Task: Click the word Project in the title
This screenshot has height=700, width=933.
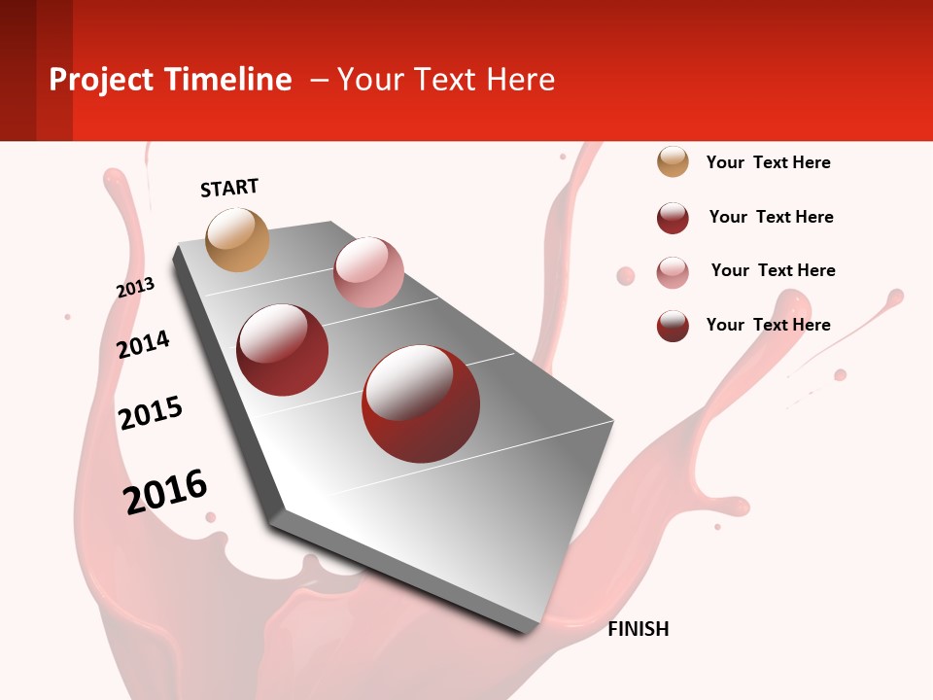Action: [x=102, y=80]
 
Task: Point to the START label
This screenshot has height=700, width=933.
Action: [x=229, y=188]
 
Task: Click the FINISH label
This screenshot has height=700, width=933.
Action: [x=639, y=629]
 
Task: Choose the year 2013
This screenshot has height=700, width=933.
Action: [x=135, y=288]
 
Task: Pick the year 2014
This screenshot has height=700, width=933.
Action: [x=143, y=344]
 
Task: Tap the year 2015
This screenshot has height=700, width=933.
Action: [x=151, y=413]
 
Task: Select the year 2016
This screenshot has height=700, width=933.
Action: [x=165, y=491]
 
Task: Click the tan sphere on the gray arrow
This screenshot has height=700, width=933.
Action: [x=238, y=239]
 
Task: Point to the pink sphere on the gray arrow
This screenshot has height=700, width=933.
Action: [x=368, y=271]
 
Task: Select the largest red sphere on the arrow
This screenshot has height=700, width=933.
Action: [x=421, y=403]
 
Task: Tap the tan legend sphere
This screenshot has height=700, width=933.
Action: [x=673, y=161]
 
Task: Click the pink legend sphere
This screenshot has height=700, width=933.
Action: [x=673, y=272]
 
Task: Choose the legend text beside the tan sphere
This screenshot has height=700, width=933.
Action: [x=768, y=162]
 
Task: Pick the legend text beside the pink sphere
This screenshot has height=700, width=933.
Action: [x=773, y=270]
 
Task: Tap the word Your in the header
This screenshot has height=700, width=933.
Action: [x=368, y=80]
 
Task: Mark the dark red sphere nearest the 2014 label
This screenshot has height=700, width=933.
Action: [x=283, y=350]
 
